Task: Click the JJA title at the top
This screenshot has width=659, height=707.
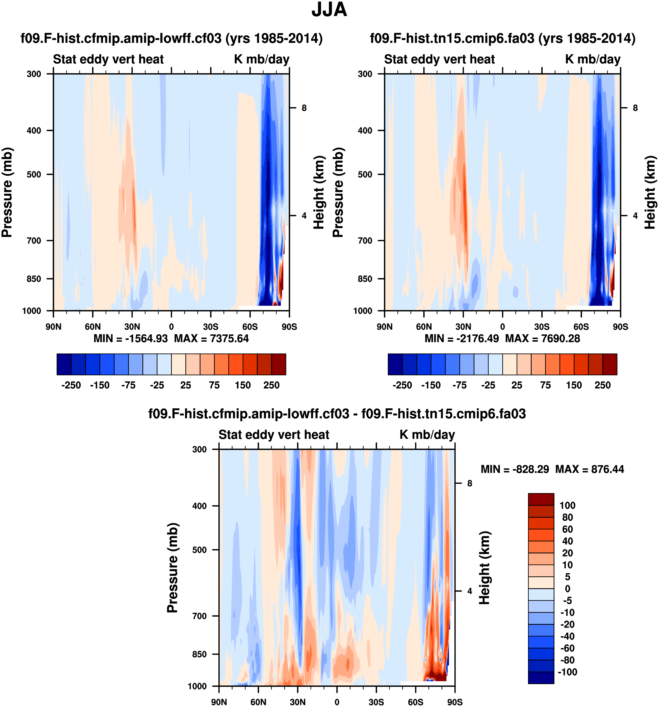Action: click(329, 10)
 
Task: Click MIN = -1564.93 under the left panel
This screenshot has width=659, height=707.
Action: click(130, 338)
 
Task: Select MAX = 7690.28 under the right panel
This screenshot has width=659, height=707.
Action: click(542, 338)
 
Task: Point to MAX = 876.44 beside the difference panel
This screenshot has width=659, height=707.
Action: click(589, 469)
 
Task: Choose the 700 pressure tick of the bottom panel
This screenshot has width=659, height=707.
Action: click(199, 616)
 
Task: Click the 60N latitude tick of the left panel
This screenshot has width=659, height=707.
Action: click(93, 326)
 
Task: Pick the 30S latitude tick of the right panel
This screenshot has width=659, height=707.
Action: click(542, 326)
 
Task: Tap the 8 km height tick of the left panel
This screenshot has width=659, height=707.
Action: click(304, 108)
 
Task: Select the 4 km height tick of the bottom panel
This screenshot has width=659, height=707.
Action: click(470, 591)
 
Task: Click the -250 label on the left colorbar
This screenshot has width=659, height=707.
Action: click(71, 385)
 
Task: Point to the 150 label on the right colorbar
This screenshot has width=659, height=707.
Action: click(574, 385)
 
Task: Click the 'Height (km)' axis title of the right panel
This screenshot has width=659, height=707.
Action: click(650, 192)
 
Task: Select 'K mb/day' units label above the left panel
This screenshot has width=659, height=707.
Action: click(262, 59)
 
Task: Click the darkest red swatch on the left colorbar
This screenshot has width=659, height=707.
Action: click(279, 364)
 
